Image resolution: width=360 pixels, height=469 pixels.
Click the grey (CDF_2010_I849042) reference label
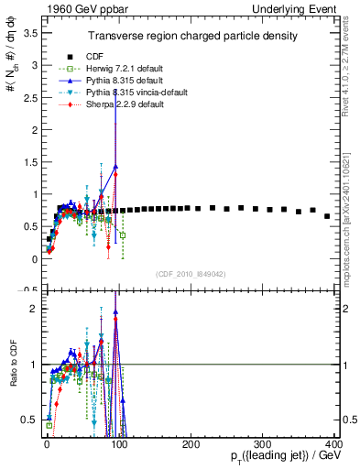click(190, 273)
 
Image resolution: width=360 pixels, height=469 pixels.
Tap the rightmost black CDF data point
click(327, 216)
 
